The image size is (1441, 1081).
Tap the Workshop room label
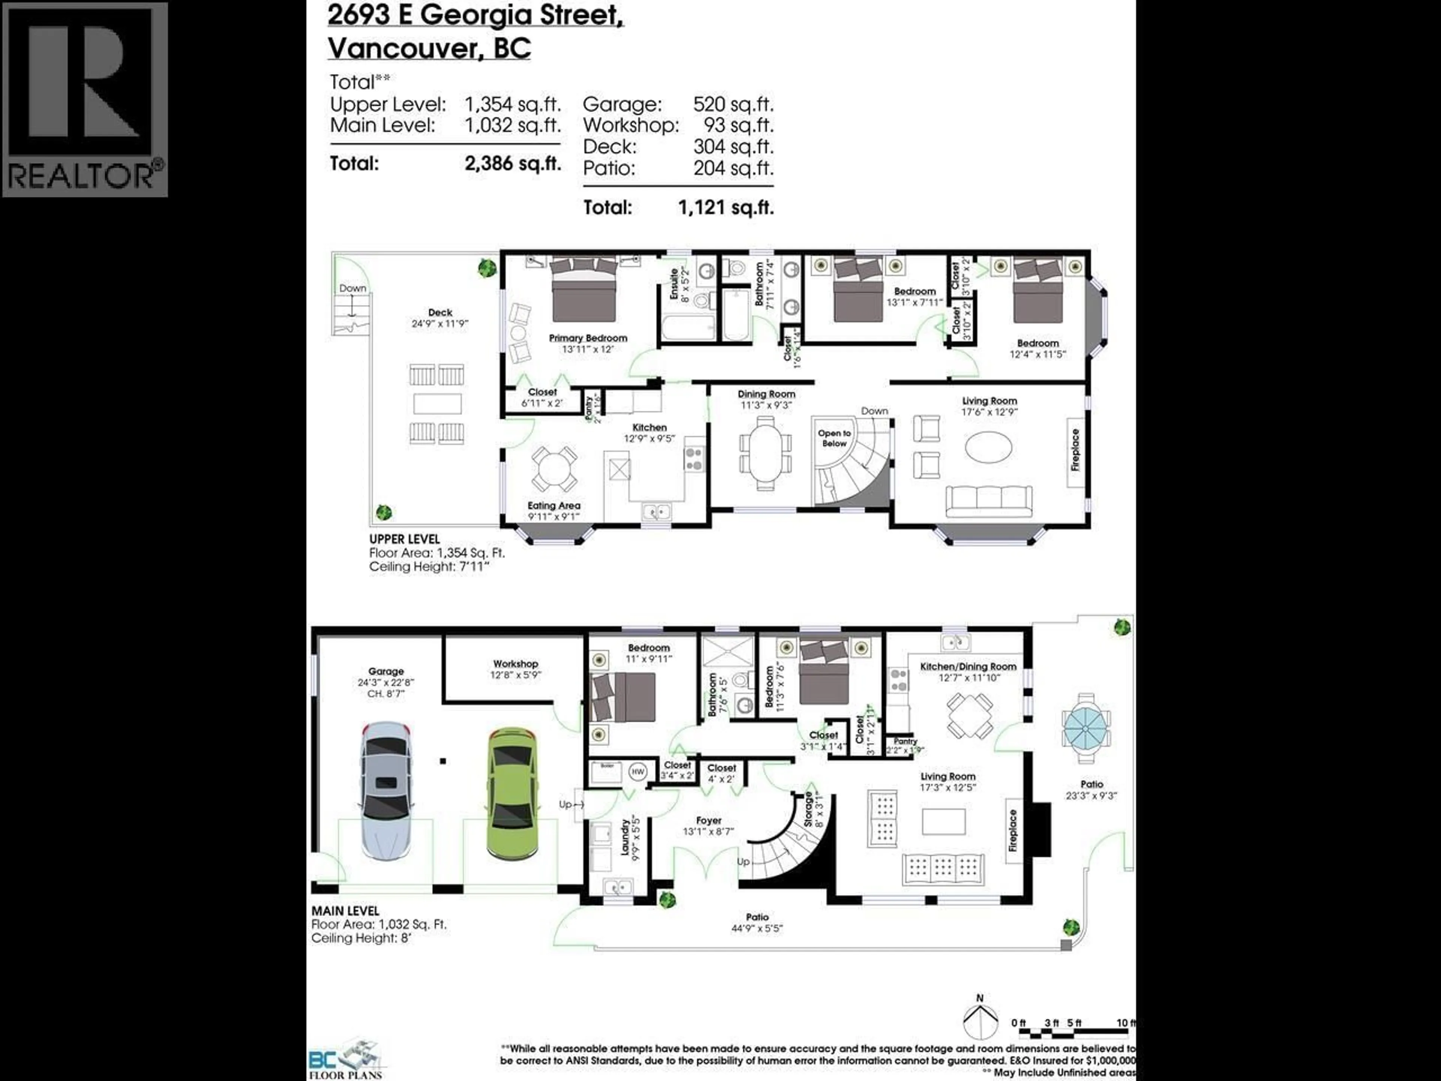(x=515, y=664)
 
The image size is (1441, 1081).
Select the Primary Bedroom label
(x=588, y=338)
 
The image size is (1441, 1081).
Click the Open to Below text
(x=835, y=438)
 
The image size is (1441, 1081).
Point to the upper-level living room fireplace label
(x=1075, y=450)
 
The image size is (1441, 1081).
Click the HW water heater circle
(x=637, y=772)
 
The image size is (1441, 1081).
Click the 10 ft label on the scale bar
(x=1125, y=1023)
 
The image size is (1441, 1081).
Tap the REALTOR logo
(x=85, y=99)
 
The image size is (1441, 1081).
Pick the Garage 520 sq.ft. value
(x=733, y=104)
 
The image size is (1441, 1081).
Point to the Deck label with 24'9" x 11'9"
(x=441, y=313)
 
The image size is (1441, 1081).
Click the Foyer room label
(x=709, y=821)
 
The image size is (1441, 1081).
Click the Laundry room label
(x=626, y=837)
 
